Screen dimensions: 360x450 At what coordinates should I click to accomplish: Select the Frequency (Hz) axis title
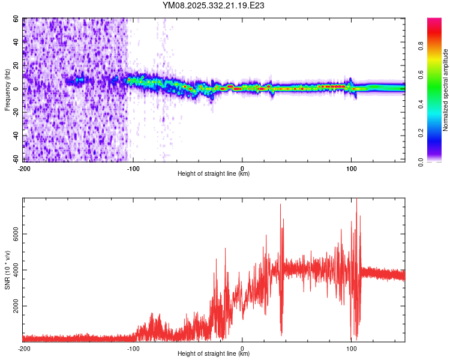[7, 89]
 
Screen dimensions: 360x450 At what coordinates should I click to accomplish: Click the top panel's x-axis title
[214, 173]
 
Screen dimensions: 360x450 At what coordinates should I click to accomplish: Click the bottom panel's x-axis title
[214, 353]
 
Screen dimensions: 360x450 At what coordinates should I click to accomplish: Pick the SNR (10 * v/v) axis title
[7, 269]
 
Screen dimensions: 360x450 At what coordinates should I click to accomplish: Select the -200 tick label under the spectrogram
[24, 167]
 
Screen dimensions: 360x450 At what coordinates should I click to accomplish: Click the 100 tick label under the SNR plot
[351, 347]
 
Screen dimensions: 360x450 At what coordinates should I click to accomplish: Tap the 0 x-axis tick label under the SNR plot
[242, 347]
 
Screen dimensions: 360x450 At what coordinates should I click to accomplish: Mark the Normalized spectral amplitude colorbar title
[445, 90]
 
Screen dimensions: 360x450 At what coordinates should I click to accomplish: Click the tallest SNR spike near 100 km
[356, 199]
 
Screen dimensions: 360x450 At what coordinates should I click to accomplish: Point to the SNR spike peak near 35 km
[280, 205]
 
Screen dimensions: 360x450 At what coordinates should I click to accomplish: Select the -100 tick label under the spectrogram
[133, 167]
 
